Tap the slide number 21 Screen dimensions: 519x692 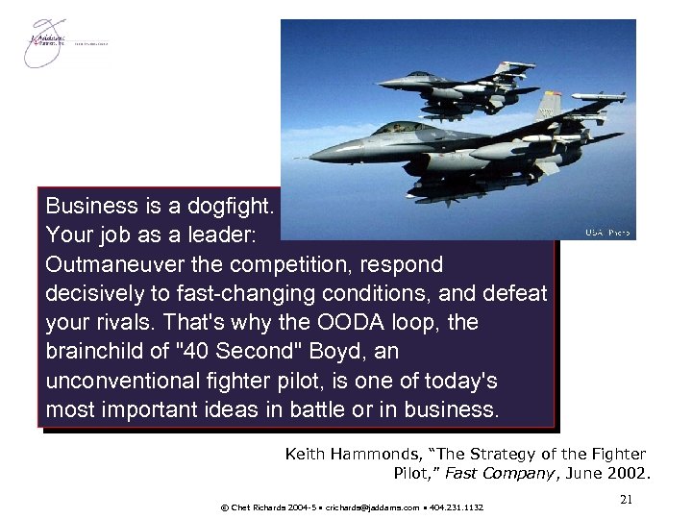[x=627, y=498]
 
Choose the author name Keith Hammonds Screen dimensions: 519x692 [x=345, y=454]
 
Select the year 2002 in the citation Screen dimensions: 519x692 [x=630, y=473]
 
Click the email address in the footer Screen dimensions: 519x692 [x=370, y=507]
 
